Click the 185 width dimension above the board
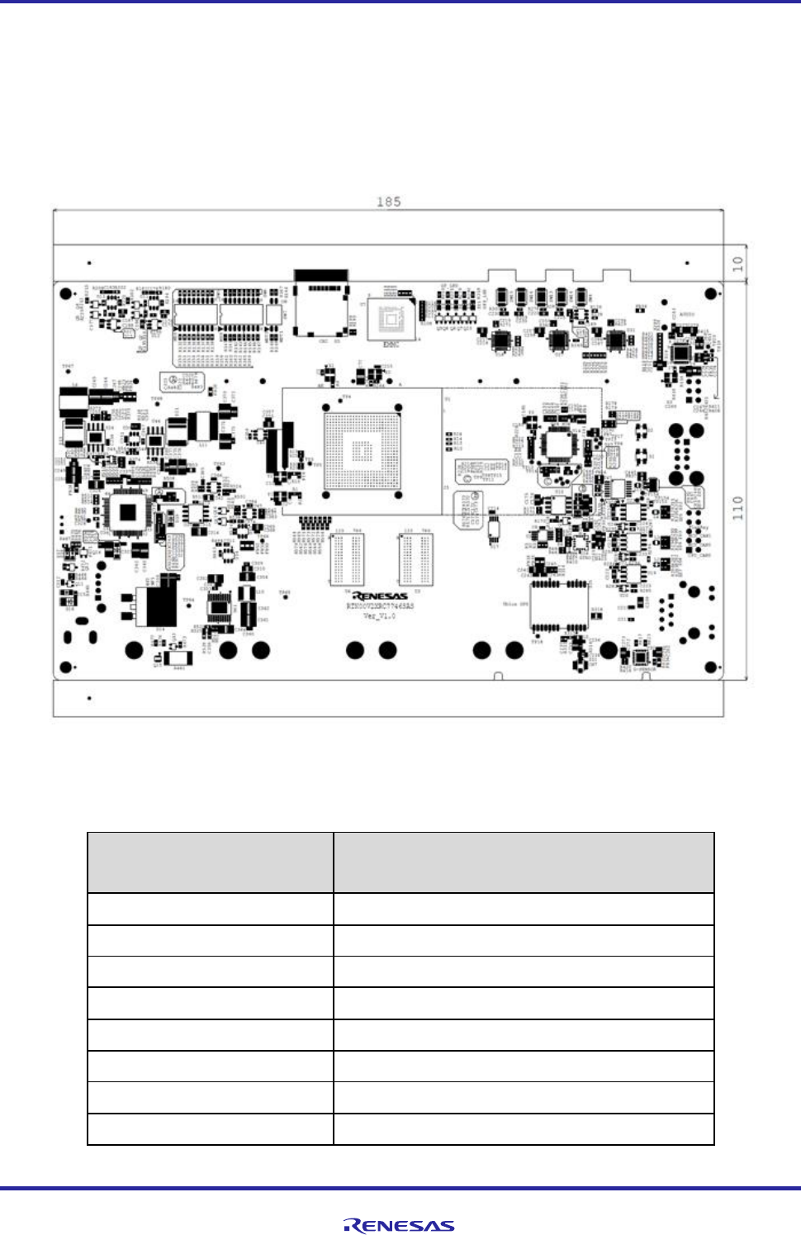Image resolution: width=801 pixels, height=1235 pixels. tap(388, 202)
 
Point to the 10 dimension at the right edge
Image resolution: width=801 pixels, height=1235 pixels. tap(737, 264)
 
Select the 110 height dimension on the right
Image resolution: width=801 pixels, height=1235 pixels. tap(737, 507)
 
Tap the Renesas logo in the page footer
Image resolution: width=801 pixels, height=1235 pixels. tap(400, 1226)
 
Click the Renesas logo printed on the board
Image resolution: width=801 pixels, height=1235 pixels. tap(380, 596)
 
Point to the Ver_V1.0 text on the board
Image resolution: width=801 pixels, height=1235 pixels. tap(379, 616)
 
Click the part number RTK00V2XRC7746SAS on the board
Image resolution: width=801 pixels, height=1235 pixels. tap(380, 606)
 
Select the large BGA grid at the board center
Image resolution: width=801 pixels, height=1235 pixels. tap(362, 451)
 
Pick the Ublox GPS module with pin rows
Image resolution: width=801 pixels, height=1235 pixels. tap(559, 606)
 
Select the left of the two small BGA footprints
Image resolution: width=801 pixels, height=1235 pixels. tap(347, 559)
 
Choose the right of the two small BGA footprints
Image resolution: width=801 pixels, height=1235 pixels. tap(415, 559)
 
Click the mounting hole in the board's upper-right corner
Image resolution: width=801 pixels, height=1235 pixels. tap(710, 293)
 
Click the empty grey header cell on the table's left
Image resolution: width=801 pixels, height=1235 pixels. tap(210, 862)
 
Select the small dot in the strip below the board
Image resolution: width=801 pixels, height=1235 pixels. tap(89, 698)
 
